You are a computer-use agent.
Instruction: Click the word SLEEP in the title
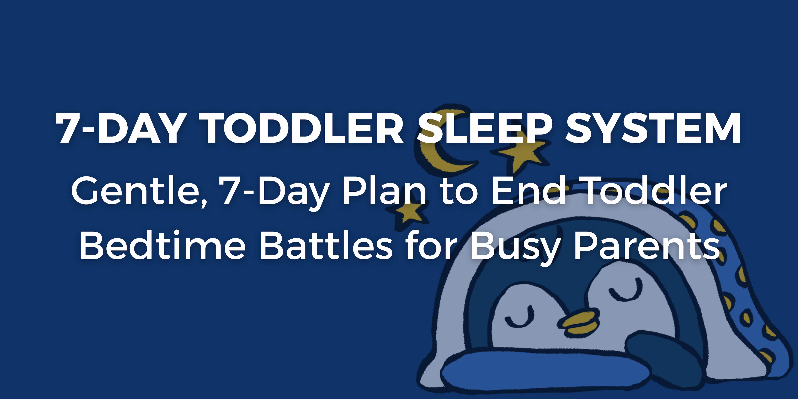(485, 128)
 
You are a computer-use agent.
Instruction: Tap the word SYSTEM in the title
(653, 128)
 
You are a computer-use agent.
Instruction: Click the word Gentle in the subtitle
(139, 191)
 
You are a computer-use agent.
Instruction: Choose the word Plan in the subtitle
(384, 191)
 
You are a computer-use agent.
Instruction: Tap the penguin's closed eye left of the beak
(520, 319)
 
